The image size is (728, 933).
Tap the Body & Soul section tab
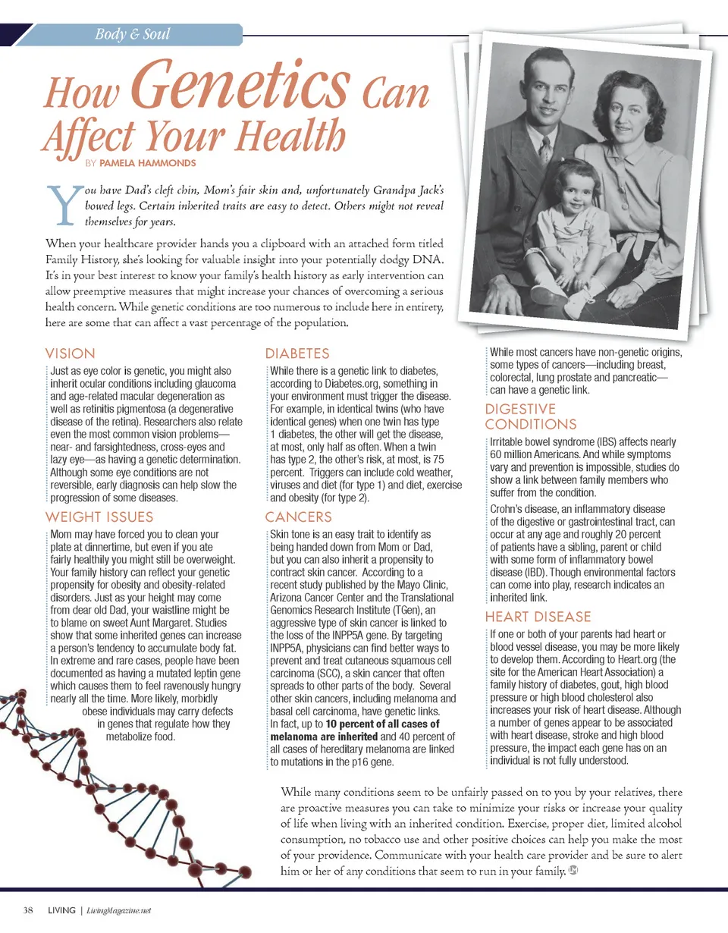[133, 34]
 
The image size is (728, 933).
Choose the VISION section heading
[71, 353]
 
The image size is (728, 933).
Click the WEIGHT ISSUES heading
[99, 517]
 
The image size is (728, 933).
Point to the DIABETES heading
[297, 353]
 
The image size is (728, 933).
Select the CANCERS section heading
[298, 517]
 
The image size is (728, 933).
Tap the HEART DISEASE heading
[538, 617]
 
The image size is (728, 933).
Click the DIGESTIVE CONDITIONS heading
[531, 417]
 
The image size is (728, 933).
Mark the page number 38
[28, 910]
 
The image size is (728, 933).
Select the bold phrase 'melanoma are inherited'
[324, 737]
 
